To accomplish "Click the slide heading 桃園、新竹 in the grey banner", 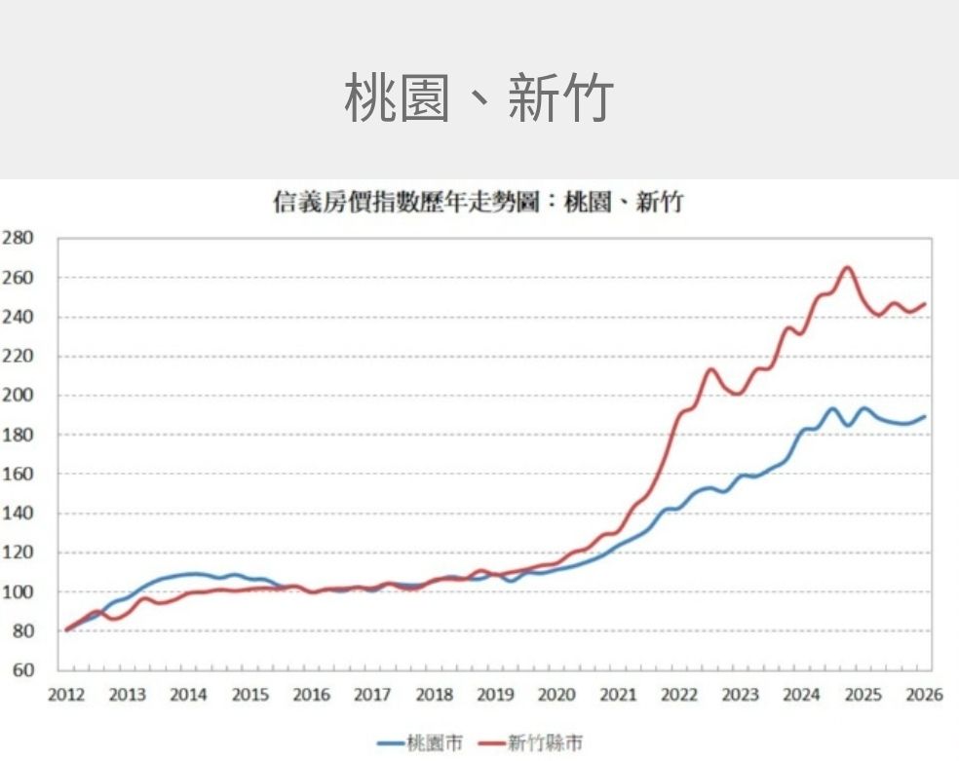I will (479, 97).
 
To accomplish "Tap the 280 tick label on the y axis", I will (18, 238).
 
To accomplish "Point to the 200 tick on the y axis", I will (18, 396).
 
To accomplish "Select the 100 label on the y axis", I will (18, 592).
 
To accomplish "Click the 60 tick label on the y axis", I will (22, 670).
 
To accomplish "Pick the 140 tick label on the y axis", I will (18, 514).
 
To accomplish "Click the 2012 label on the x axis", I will (66, 695).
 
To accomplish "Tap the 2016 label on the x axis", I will (312, 695).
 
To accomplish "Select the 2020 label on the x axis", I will (556, 695).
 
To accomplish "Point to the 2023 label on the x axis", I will (741, 695).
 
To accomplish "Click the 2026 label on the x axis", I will (924, 695).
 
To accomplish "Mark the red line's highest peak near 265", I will (846, 267).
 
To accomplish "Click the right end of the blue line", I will (925, 416).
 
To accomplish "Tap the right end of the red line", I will (925, 304).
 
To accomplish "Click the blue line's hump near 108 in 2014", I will (193, 574).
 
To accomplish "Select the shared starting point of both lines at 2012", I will (66, 629).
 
